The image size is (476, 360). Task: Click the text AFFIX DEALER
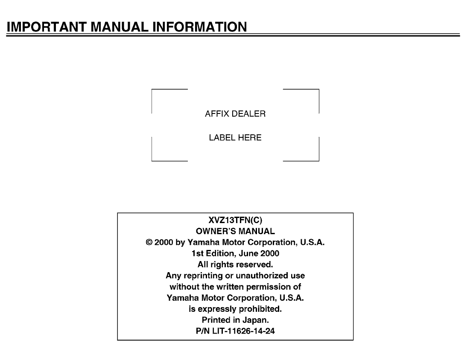[x=235, y=114]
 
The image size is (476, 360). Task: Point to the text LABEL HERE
[x=235, y=138]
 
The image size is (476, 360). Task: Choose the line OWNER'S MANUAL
[x=235, y=232]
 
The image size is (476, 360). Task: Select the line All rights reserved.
[x=235, y=264]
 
